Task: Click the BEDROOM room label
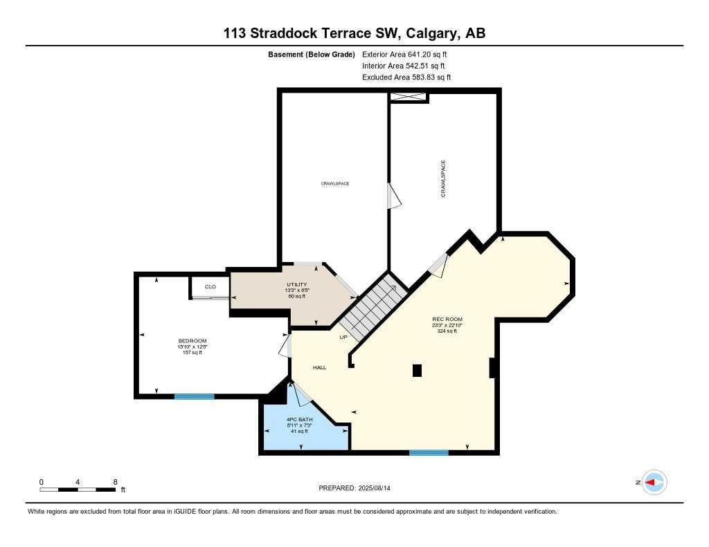pyautogui.click(x=192, y=341)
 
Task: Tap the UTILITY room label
pyautogui.click(x=296, y=285)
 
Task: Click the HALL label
pyautogui.click(x=319, y=368)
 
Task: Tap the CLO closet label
pyautogui.click(x=210, y=286)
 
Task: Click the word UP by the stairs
pyautogui.click(x=343, y=337)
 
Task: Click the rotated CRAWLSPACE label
pyautogui.click(x=443, y=179)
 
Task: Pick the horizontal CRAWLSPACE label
pyautogui.click(x=334, y=183)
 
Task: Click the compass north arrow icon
pyautogui.click(x=654, y=483)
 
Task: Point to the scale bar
pyautogui.click(x=78, y=490)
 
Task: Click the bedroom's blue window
pyautogui.click(x=194, y=396)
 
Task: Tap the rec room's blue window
pyautogui.click(x=429, y=453)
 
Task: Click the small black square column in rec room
pyautogui.click(x=417, y=371)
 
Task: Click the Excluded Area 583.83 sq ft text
pyautogui.click(x=406, y=77)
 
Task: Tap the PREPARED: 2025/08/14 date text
pyautogui.click(x=359, y=488)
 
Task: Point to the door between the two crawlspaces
pyautogui.click(x=393, y=196)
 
